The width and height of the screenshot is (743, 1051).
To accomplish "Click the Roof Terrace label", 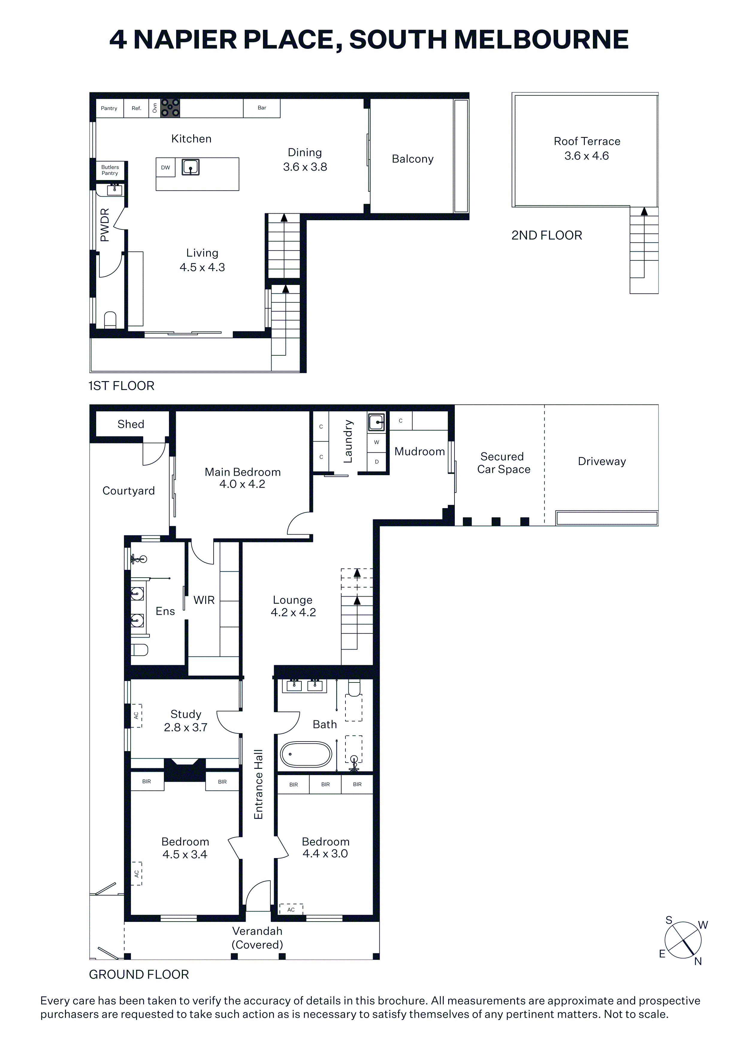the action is [x=587, y=141].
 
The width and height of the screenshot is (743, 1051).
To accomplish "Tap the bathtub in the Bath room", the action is [x=306, y=754].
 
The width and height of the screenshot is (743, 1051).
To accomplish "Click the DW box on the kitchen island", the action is [x=166, y=167].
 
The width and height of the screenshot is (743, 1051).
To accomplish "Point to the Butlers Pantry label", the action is [x=110, y=170].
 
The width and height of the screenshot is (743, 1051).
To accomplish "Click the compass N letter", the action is [x=698, y=961].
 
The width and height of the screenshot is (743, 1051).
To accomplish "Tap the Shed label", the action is [x=131, y=424].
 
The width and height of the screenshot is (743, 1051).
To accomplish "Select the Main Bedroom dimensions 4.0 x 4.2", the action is [x=242, y=484].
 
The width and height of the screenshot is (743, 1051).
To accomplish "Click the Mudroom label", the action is [x=420, y=452].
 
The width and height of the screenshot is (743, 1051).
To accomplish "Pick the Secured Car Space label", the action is [x=504, y=463].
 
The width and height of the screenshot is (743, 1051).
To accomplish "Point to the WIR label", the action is [x=204, y=600].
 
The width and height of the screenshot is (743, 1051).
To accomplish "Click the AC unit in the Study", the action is [x=136, y=715].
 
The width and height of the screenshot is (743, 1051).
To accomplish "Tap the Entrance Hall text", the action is [x=259, y=784].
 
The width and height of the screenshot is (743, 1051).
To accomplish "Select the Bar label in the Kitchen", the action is [x=262, y=108].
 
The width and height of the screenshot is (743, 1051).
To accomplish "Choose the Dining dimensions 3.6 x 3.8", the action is [x=305, y=167].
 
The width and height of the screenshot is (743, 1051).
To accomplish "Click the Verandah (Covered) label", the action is [x=257, y=938].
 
